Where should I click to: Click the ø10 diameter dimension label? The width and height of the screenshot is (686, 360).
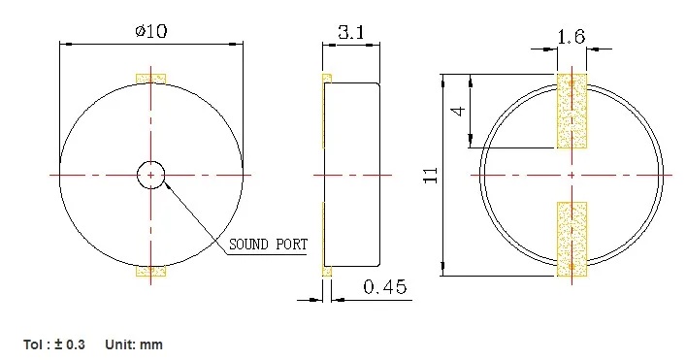(x=151, y=31)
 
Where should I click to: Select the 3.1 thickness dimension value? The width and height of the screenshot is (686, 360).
(x=351, y=32)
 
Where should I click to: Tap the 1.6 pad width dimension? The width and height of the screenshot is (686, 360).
(x=572, y=37)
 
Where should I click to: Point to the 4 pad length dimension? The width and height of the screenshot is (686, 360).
(x=458, y=111)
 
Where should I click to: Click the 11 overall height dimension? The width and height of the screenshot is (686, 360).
(x=431, y=175)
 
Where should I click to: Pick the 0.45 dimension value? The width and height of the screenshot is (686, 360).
(x=385, y=287)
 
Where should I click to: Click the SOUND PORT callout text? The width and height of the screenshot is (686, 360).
(x=268, y=245)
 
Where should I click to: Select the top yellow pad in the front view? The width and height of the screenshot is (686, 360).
(x=151, y=79)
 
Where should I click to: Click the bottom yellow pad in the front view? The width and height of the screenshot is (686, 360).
(x=151, y=271)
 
